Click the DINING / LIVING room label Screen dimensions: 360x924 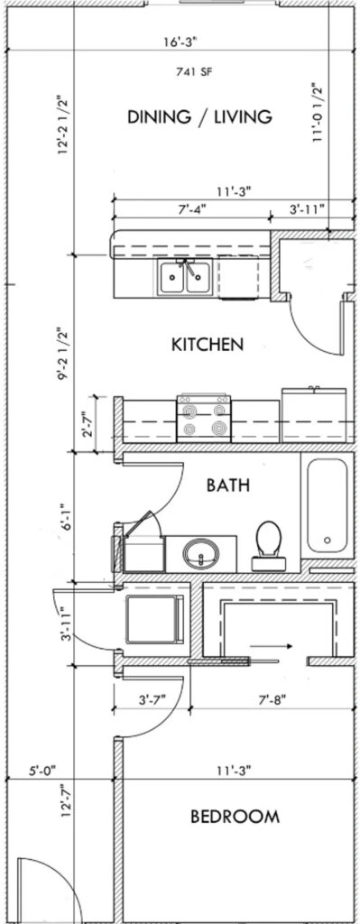pos(199,116)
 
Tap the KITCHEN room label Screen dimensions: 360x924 pos(208,344)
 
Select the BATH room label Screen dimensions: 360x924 pos(228,485)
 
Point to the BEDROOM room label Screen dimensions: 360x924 pos(235,817)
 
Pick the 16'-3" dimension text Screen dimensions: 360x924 pos(180,42)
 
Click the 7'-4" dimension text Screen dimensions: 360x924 pos(192,208)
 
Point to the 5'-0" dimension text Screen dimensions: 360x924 pos(42,770)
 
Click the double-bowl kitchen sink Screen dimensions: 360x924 pos(185,276)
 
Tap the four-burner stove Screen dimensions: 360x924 pos(204,419)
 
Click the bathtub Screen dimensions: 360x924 pos(327,505)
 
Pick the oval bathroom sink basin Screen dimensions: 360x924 pos(201,553)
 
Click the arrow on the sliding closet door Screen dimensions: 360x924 pos(271,646)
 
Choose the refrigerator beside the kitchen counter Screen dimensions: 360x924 pos(314,415)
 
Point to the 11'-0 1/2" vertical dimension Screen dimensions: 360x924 pos(318,113)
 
